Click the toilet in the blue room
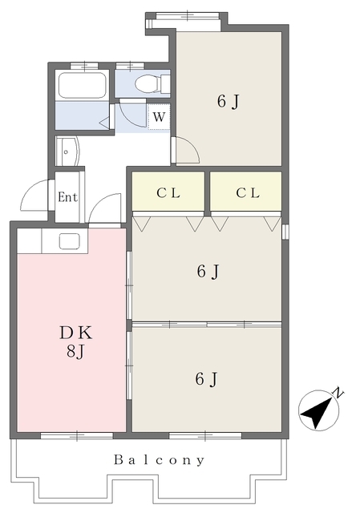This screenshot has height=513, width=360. coord(152,83)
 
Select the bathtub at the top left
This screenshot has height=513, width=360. coord(82,85)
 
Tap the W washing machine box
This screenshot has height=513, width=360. coord(159,117)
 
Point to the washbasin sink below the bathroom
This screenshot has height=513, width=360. coord(67,151)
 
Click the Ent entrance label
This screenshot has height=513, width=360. coord(67,197)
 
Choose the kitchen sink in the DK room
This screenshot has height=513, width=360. coord(70,241)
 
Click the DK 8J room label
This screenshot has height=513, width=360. coord(76,342)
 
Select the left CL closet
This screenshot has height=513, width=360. coord(168,192)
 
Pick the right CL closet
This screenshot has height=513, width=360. coord(246,192)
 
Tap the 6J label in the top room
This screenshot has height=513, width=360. coord(229,102)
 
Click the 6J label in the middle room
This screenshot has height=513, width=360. coord(208,272)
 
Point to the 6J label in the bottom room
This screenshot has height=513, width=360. coord(206,379)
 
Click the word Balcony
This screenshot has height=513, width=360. coord(159,459)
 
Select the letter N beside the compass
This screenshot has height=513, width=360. coord(338,392)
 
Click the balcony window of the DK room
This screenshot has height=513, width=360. coord(77,435)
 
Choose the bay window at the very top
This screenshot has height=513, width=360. coord(187,16)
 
